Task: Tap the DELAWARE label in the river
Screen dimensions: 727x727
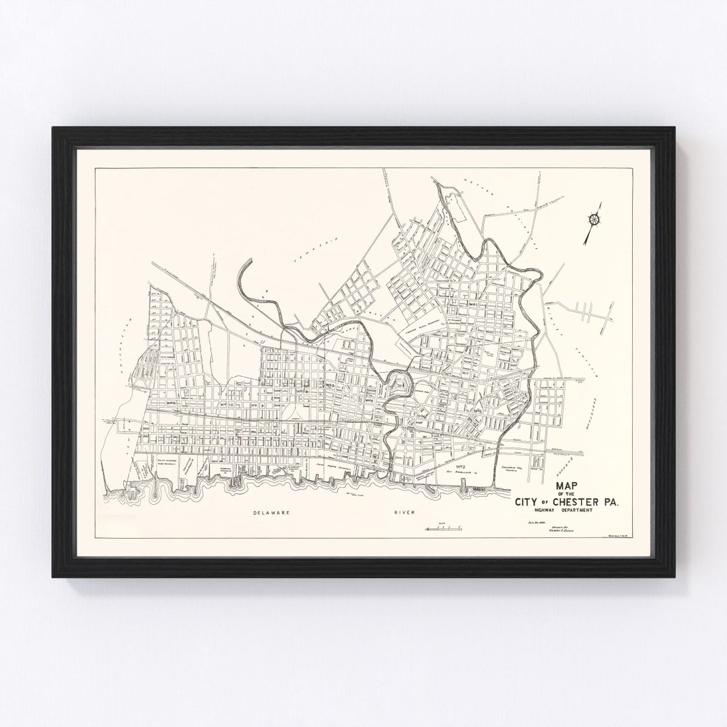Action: pos(272,513)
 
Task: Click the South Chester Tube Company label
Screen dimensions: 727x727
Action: pos(153,462)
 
